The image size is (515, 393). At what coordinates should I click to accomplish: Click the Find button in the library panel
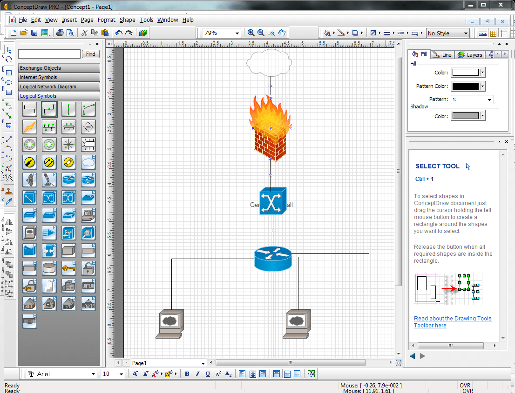(91, 54)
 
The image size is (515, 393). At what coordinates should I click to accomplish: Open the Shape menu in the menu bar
(127, 20)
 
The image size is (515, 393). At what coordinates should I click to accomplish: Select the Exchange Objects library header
(59, 68)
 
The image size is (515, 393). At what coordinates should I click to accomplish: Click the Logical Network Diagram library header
(59, 87)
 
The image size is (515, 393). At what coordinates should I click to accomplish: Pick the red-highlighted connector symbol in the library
(49, 109)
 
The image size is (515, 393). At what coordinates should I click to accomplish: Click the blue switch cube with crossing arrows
(273, 201)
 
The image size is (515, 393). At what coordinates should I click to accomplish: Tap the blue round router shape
(273, 258)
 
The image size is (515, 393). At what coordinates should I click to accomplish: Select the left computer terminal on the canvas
(169, 323)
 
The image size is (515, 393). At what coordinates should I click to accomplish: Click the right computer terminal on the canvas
(297, 323)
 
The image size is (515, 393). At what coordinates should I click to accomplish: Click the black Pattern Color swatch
(466, 86)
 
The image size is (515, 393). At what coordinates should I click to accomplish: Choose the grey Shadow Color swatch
(466, 116)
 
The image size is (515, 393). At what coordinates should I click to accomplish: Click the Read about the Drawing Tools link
(452, 319)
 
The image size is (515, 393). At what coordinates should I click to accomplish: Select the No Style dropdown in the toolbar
(447, 33)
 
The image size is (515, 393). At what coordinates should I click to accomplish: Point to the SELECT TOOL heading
(437, 166)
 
